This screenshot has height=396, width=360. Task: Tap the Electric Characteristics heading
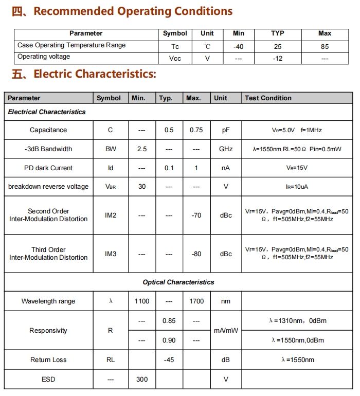(x=95, y=74)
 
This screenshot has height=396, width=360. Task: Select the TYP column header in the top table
(x=278, y=33)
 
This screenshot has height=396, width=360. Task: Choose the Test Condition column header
(x=268, y=98)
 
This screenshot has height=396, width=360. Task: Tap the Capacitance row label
(x=48, y=130)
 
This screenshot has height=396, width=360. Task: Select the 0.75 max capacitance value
(x=196, y=130)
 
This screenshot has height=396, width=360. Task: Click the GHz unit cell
(x=226, y=149)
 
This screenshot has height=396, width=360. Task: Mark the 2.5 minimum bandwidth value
(x=142, y=149)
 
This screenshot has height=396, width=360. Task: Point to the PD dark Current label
(x=48, y=168)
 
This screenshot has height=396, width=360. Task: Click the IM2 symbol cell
(x=111, y=215)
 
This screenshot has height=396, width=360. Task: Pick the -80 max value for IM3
(x=196, y=254)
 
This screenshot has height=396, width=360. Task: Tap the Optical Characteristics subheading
(x=178, y=282)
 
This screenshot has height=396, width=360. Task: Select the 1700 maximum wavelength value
(x=196, y=301)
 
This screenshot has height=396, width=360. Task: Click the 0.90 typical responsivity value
(x=169, y=340)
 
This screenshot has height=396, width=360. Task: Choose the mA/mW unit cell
(x=226, y=331)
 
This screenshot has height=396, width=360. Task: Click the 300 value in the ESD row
(x=142, y=380)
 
